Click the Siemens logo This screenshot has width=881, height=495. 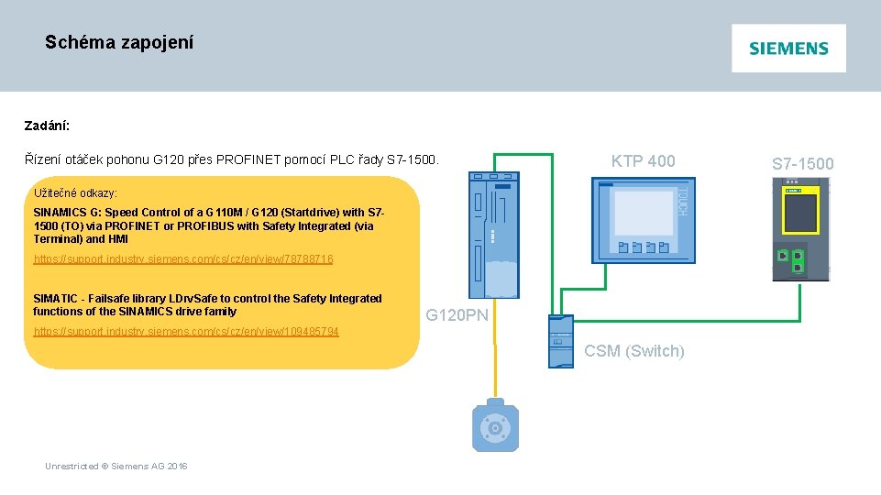coord(788,49)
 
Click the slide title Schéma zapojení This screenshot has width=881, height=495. coord(119,42)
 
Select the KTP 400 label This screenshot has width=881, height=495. coord(643,161)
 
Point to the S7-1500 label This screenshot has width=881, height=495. coord(802,164)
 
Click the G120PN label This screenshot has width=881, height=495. coord(457,316)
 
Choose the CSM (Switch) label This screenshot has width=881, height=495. coord(633,351)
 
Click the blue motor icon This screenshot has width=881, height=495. coord(496,426)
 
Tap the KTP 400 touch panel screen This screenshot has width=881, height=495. coord(644,213)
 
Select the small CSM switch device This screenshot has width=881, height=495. coord(560,341)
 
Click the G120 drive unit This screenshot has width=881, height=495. coord(496,238)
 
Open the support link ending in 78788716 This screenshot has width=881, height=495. coord(183,259)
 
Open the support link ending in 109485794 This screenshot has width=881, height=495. coord(186,331)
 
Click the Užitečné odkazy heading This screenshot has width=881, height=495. coord(75,193)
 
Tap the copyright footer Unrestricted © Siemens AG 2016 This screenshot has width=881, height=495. coord(116,467)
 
